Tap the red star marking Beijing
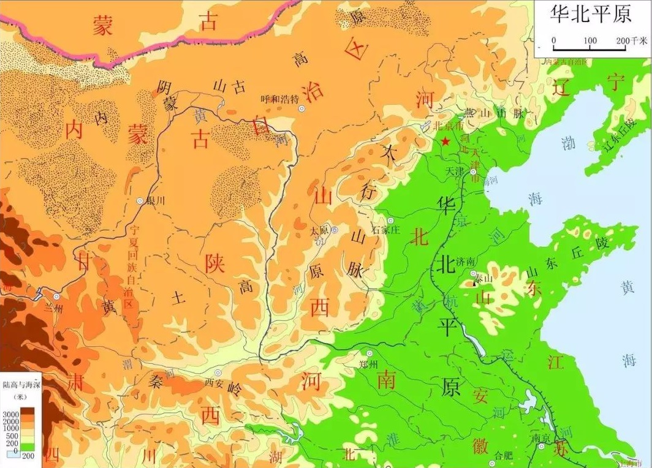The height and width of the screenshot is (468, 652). pyautogui.click(x=445, y=142)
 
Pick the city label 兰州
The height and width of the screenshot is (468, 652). pyautogui.click(x=55, y=308)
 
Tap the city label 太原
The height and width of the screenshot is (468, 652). pyautogui.click(x=320, y=230)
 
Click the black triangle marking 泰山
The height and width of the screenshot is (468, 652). pyautogui.click(x=475, y=283)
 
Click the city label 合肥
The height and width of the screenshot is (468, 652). pyautogui.click(x=503, y=455)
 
